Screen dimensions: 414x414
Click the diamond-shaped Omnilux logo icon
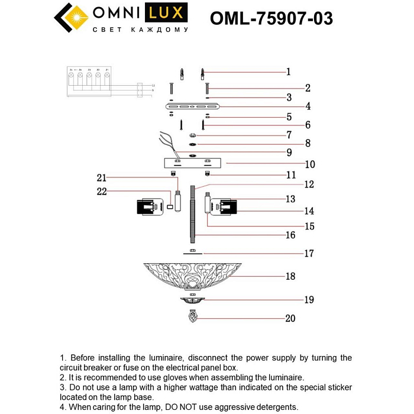tap(71, 18)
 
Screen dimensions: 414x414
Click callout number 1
tap(289, 72)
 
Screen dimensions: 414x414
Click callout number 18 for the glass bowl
tap(290, 276)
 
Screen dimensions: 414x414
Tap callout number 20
tap(290, 318)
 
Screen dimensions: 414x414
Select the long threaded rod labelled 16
tap(193, 213)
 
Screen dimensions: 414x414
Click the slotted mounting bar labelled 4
tap(193, 107)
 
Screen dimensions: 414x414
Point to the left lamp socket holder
tap(151, 207)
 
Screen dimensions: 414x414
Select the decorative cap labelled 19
tap(192, 301)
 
